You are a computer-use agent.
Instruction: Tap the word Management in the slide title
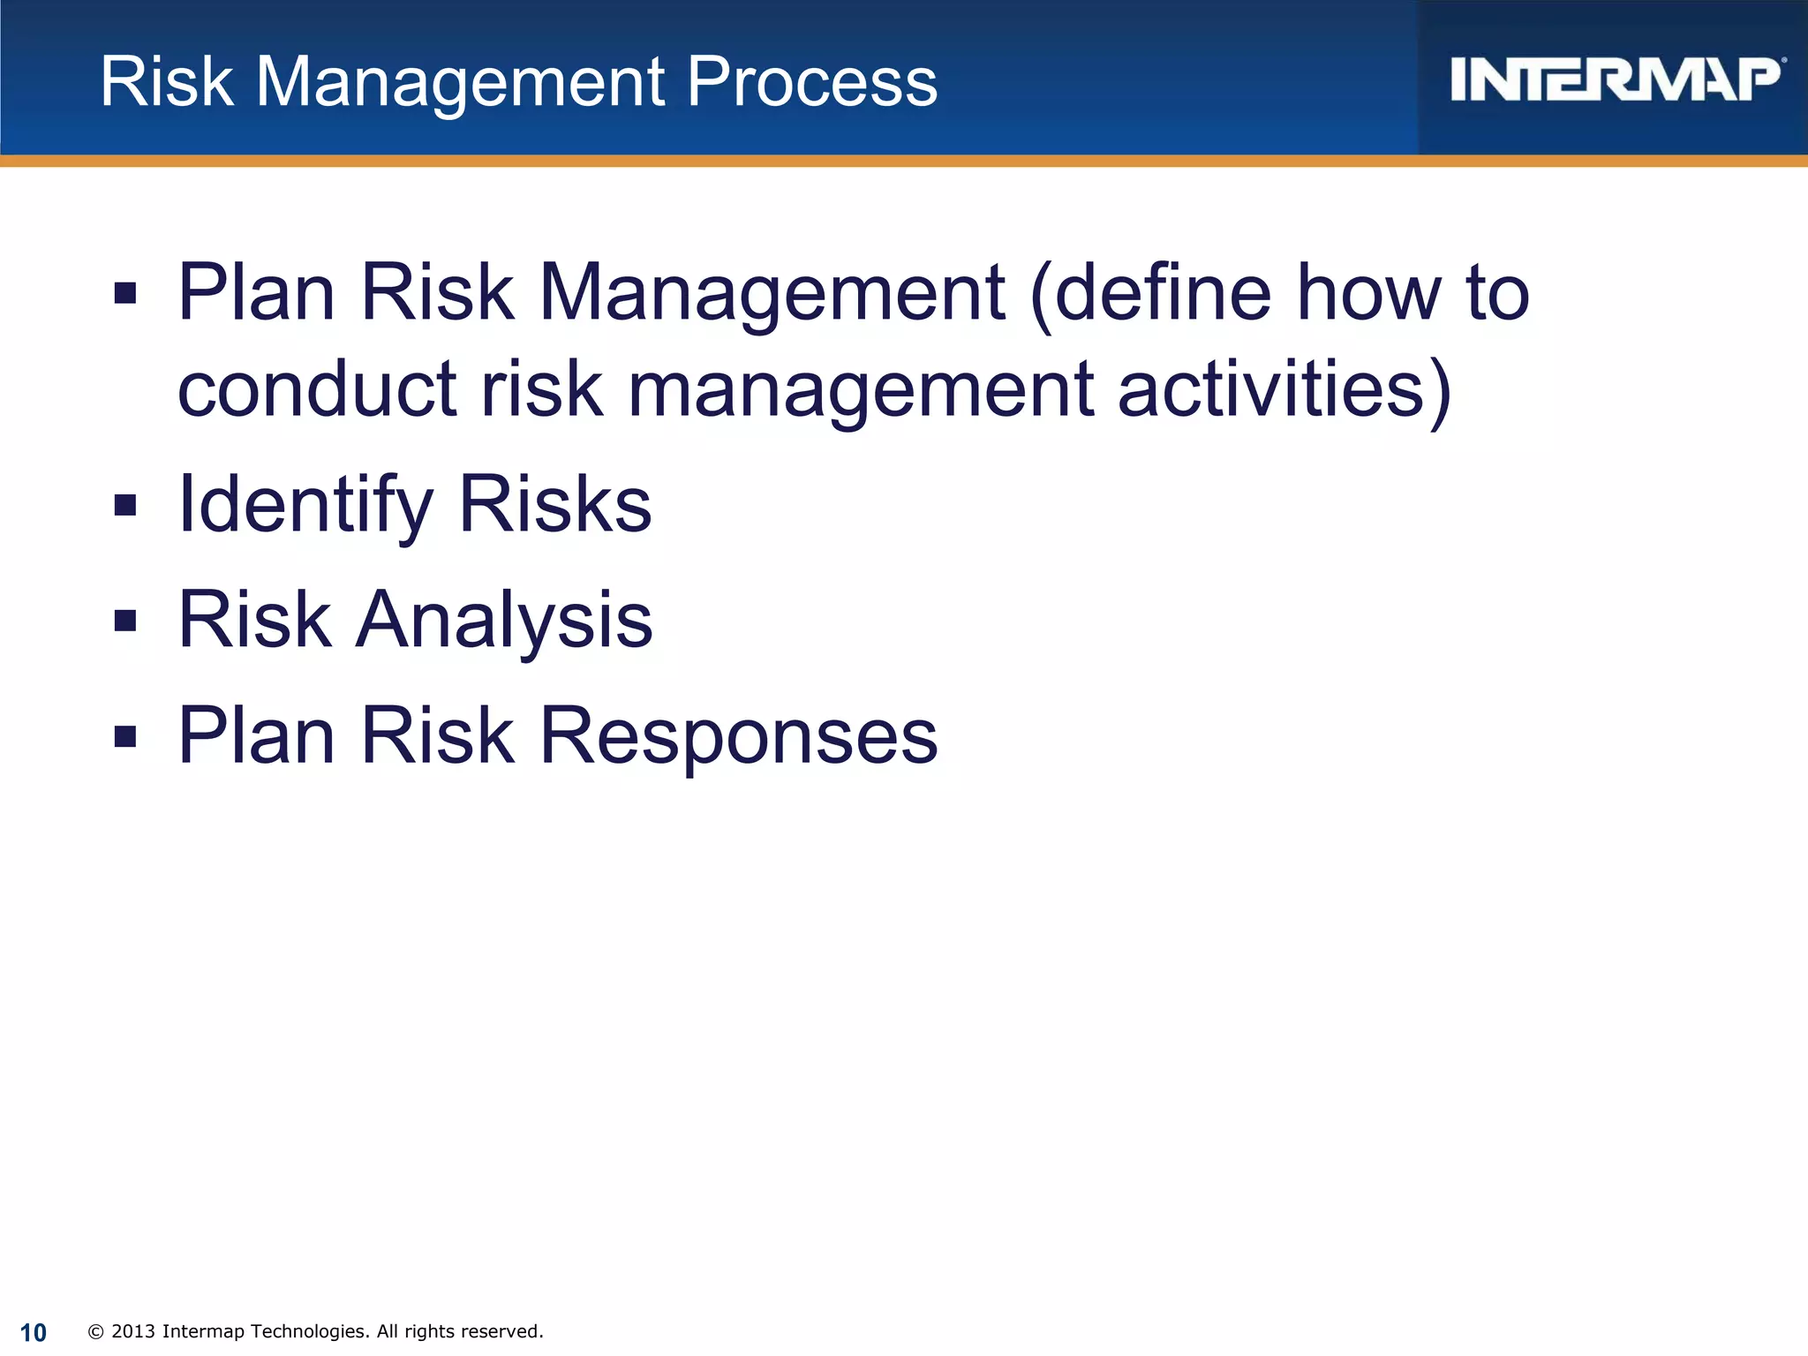point(460,82)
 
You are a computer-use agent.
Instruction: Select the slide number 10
point(34,1332)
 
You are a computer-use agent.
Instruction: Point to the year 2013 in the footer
point(133,1331)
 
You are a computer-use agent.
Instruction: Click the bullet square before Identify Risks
point(125,505)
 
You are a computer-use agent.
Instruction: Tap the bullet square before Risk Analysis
point(125,621)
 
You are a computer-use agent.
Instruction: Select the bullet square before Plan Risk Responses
point(125,736)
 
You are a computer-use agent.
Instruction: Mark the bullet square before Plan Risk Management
point(125,293)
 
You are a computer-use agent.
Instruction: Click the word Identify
point(305,505)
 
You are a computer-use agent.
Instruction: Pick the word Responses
point(738,736)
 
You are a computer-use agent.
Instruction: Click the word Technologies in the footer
point(305,1331)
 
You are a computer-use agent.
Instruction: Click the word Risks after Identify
point(555,505)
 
